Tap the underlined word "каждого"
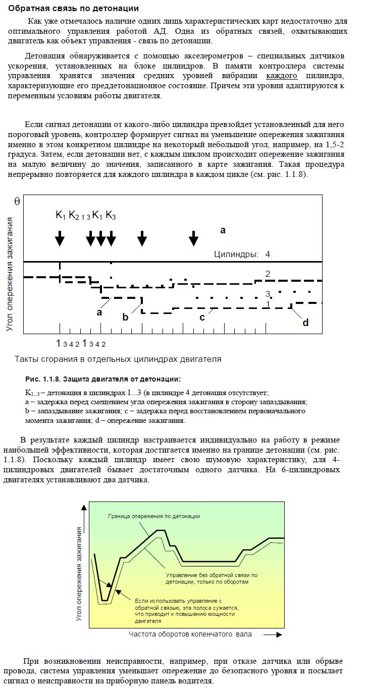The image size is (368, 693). point(282,76)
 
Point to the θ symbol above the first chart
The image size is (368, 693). point(17,201)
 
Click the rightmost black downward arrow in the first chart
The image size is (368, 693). point(194,238)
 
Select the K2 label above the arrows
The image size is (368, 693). point(74,216)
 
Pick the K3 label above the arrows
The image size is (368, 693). point(111,216)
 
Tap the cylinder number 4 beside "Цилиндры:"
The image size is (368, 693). point(268,254)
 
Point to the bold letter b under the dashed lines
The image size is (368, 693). point(125,318)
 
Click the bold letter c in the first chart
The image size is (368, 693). point(202,317)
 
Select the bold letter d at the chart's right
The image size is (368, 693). point(305,323)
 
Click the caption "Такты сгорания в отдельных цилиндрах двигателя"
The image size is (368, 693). point(118,359)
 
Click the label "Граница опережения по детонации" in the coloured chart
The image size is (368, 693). point(154,516)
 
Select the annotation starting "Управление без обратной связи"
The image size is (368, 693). point(212,578)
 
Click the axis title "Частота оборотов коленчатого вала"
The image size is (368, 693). point(190,634)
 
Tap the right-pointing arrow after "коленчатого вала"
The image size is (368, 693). point(273,635)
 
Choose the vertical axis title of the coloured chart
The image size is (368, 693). point(79,574)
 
